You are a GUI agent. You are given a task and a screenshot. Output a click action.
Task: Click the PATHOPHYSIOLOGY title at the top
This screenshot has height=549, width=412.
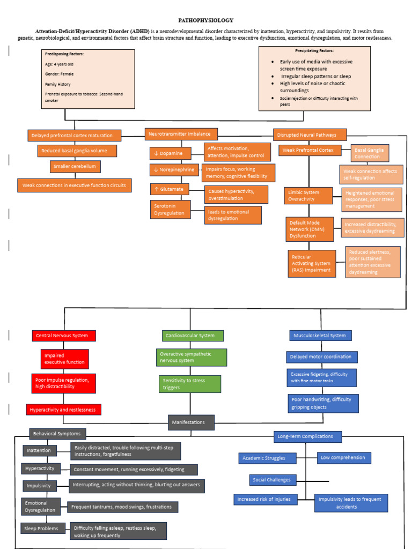click(x=206, y=20)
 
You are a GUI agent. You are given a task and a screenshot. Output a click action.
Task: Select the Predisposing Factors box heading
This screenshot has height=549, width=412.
click(x=64, y=54)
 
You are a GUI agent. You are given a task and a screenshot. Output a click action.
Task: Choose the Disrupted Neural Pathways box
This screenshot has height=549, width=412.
click(x=310, y=135)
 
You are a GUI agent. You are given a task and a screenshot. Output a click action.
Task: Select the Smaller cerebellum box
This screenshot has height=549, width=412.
click(x=75, y=167)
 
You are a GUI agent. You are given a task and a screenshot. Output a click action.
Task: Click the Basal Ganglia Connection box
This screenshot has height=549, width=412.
click(x=369, y=153)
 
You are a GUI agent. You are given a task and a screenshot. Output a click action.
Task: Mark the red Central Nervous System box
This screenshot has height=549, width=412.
click(x=64, y=336)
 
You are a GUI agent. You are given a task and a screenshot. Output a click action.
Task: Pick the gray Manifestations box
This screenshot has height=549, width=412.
click(x=191, y=422)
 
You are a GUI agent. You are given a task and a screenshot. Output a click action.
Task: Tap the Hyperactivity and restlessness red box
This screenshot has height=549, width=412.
click(x=63, y=410)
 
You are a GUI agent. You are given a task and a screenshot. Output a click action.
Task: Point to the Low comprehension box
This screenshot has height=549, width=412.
click(x=343, y=458)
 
